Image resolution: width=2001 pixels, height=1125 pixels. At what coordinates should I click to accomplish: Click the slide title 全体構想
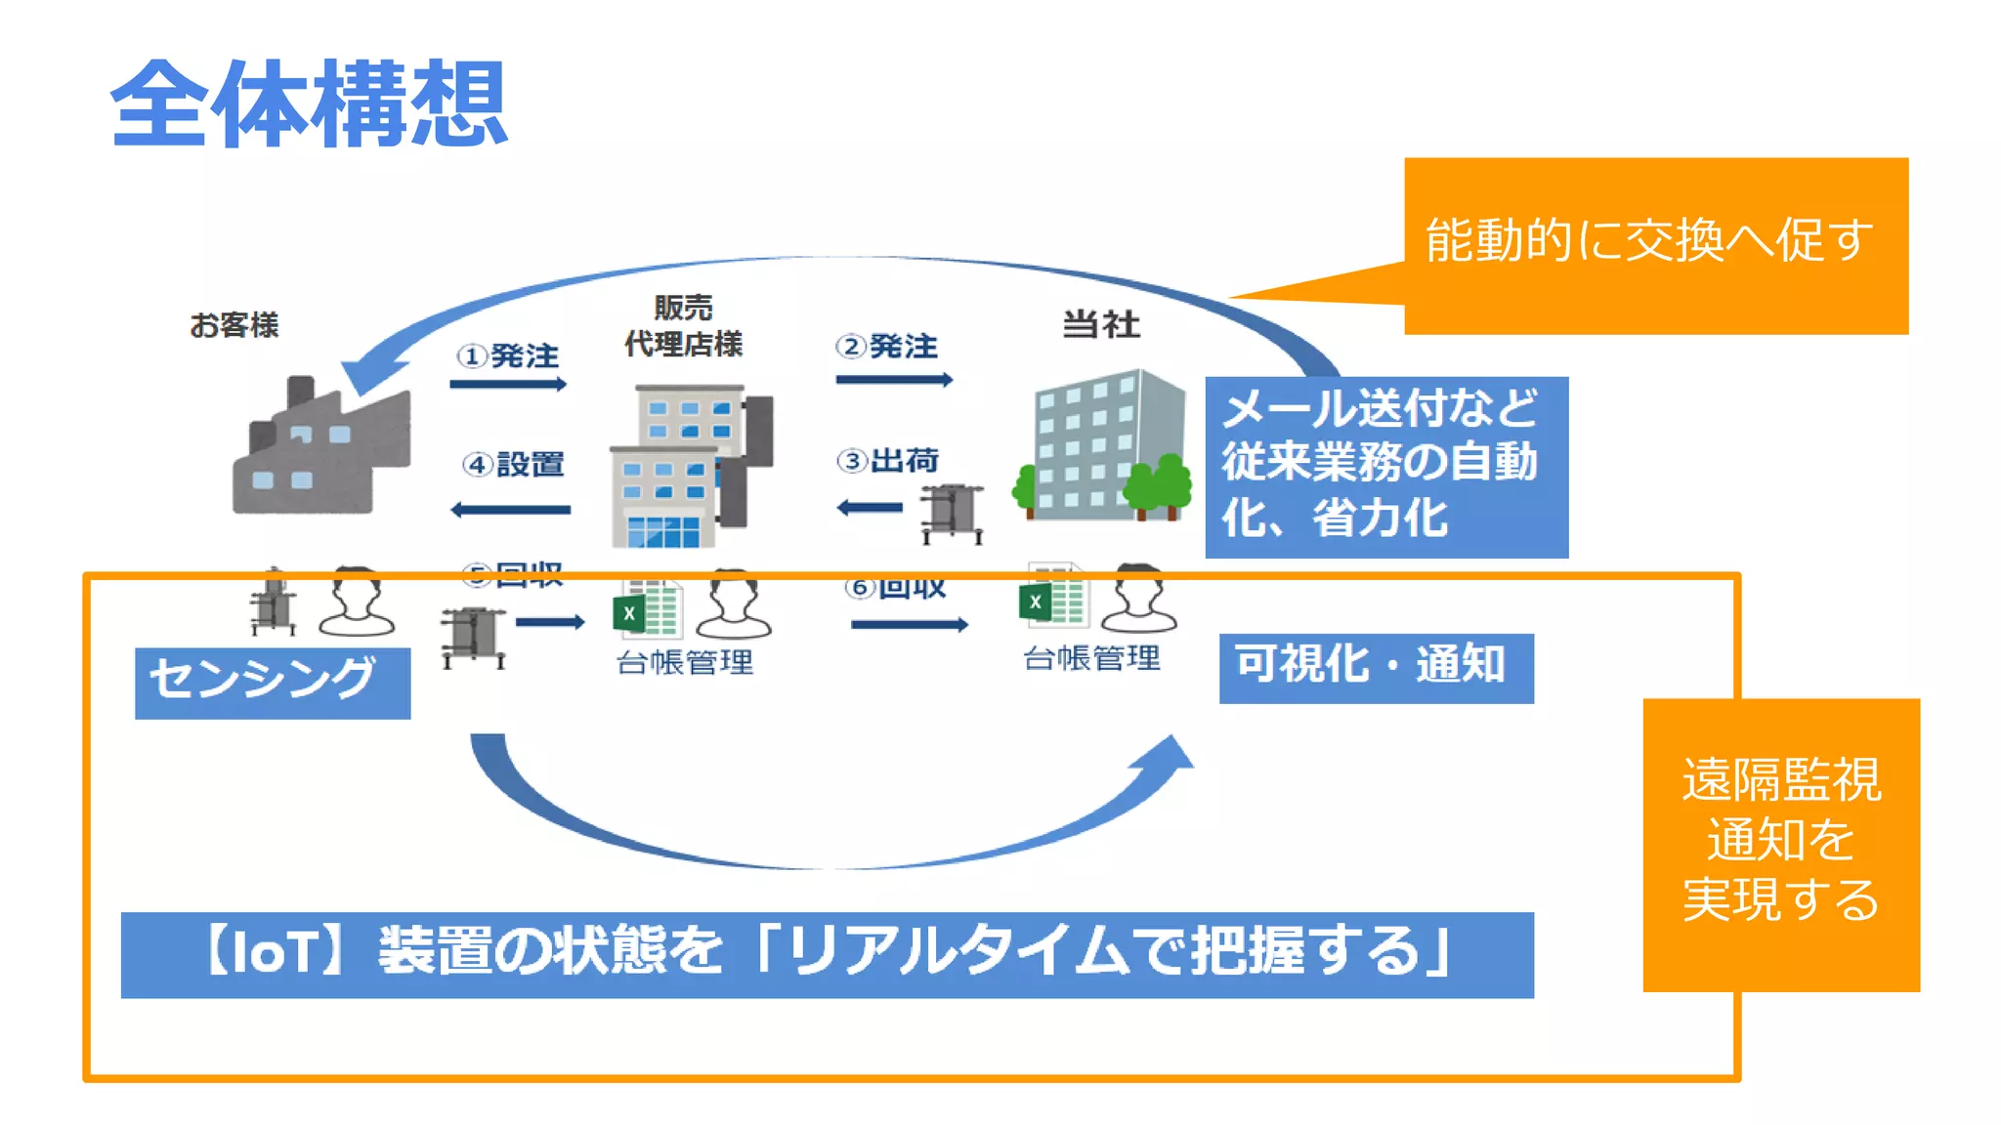pos(309,104)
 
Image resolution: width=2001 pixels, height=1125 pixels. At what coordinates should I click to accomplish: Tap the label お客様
pos(234,324)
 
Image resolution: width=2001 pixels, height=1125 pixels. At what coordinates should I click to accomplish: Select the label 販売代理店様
pos(683,326)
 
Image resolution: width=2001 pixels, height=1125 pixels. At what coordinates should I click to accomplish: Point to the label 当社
pos(1101,324)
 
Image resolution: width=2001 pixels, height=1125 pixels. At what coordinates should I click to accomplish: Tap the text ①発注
pos(508,355)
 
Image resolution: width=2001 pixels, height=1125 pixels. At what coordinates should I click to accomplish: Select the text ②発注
pos(887,347)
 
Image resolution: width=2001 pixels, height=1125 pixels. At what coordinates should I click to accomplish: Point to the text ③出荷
pos(888,460)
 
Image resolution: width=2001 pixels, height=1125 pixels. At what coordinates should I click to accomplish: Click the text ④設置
pos(514,464)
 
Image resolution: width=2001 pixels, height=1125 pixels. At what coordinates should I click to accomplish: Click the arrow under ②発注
pos(894,380)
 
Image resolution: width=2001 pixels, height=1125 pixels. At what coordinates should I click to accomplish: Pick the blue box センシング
pos(273,682)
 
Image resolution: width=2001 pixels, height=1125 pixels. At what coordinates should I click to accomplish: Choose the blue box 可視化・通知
pos(1376,667)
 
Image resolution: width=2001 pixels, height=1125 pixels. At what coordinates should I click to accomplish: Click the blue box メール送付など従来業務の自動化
pos(1385,466)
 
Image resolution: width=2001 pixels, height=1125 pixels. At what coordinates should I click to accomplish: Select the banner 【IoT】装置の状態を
pos(827,953)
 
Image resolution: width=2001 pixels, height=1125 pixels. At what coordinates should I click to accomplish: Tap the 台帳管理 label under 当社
pos(1091,658)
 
